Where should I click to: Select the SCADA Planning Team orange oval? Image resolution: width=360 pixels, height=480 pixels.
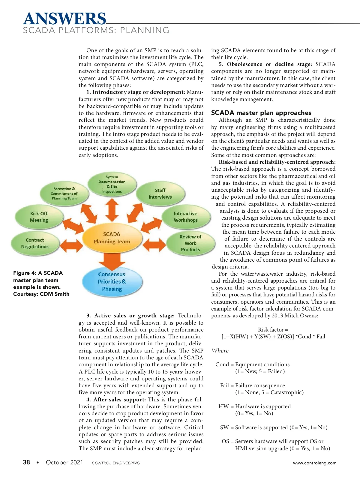tap(112, 238)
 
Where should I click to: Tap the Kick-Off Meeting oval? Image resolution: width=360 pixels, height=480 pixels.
tap(39, 217)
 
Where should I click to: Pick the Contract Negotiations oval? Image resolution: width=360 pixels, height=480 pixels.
tap(35, 243)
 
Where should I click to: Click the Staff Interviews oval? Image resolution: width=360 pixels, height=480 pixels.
tap(160, 193)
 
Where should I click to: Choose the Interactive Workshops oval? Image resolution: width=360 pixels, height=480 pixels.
tap(185, 217)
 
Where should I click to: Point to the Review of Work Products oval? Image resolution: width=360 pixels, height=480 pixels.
tap(190, 243)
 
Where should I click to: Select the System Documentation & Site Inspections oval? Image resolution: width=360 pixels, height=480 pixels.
tap(112, 184)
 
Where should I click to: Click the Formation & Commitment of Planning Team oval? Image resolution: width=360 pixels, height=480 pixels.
tap(64, 193)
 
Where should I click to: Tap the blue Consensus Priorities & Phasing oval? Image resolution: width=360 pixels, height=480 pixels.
tap(112, 281)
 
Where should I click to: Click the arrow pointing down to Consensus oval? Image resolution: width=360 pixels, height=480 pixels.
tap(112, 260)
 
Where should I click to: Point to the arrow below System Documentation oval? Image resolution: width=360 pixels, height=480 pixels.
tap(112, 210)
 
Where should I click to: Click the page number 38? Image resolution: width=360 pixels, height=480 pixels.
tap(26, 462)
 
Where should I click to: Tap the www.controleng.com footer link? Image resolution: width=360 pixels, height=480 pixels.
tap(314, 463)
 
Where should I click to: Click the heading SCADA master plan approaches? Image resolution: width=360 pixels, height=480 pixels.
tap(261, 113)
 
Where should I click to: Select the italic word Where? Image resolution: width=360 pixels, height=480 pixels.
tap(220, 351)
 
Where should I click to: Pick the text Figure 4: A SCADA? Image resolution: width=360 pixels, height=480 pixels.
tap(38, 273)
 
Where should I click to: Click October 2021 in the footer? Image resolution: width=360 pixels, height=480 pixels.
tap(64, 462)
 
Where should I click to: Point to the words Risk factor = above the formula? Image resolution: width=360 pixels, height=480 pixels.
tap(273, 330)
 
